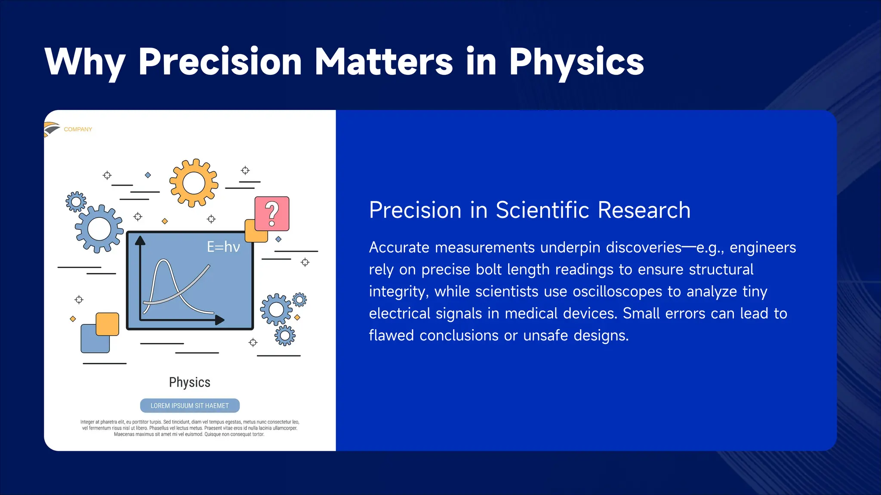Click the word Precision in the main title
point(220,62)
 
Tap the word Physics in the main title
point(576,62)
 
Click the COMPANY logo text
point(78,129)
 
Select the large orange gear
point(194,183)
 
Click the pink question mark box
point(272,214)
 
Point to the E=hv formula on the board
point(223,247)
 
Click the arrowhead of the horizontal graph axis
point(220,320)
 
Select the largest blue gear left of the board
point(99,229)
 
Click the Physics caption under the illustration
point(190,382)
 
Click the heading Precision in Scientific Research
point(530,210)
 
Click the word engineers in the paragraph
point(763,247)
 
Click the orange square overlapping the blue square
point(107,324)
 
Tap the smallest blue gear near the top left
point(76,202)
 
